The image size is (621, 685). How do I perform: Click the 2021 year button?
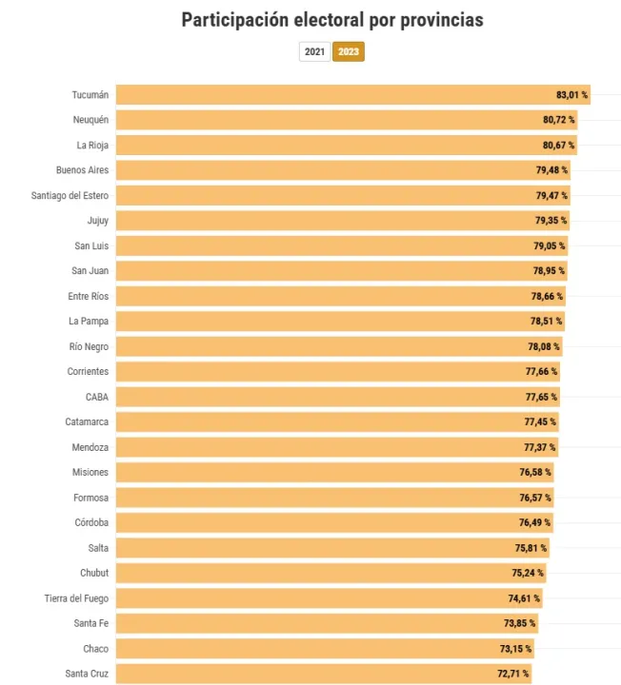click(x=314, y=51)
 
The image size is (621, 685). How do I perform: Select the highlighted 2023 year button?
click(x=349, y=51)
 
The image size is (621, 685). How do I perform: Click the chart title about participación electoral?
click(x=332, y=20)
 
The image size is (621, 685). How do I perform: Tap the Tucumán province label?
click(x=90, y=95)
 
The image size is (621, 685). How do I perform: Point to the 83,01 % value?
click(x=571, y=95)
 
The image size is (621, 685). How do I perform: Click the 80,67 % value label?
click(x=558, y=146)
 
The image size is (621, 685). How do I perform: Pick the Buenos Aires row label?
click(x=83, y=170)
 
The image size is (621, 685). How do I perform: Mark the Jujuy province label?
click(x=98, y=221)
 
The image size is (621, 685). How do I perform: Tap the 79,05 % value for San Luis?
click(x=548, y=245)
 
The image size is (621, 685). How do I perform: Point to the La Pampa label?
click(x=89, y=322)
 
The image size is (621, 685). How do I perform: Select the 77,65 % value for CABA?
click(x=541, y=397)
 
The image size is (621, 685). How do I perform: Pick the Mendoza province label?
click(x=90, y=447)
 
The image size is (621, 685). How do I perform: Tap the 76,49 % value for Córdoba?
click(x=534, y=522)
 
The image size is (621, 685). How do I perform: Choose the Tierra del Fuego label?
click(x=76, y=598)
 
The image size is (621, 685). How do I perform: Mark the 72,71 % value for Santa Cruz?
click(x=512, y=674)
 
